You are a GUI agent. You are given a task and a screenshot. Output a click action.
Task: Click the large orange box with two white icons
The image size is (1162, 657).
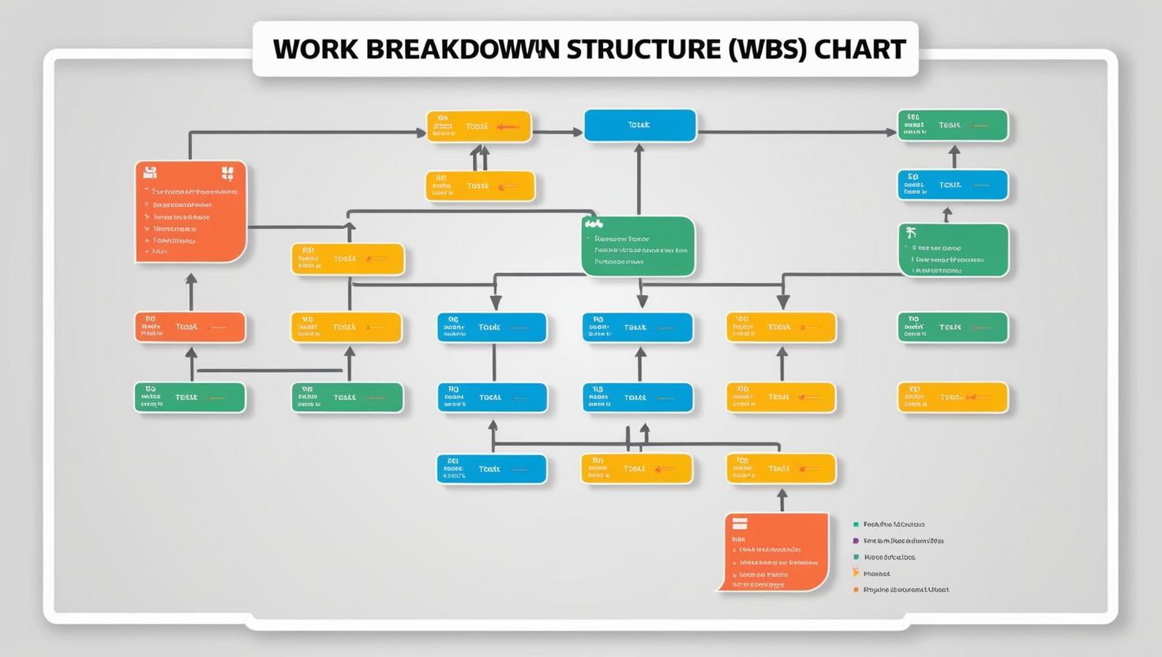coord(190,212)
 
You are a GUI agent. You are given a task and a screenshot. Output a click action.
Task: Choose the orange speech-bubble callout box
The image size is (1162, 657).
coord(777,551)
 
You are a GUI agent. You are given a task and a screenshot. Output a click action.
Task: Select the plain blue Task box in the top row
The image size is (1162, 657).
coord(639,126)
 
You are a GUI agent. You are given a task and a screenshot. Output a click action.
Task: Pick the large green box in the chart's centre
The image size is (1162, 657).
coord(639,246)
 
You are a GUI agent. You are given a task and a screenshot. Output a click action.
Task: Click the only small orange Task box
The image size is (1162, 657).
coord(190,327)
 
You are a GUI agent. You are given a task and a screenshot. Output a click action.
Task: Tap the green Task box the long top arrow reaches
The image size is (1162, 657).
coord(953,126)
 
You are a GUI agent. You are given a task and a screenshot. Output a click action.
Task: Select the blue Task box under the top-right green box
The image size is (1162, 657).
coord(953,186)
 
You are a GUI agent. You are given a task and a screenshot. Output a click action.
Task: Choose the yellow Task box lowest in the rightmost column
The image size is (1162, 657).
coord(953,397)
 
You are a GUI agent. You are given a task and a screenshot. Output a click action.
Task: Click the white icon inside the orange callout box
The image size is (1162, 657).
coord(740,524)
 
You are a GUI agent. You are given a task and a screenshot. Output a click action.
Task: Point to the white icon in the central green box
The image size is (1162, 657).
coord(594,224)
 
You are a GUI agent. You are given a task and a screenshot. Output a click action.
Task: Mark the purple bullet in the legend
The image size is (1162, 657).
coord(856,541)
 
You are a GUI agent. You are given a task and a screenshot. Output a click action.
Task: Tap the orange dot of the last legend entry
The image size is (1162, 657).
coord(856,590)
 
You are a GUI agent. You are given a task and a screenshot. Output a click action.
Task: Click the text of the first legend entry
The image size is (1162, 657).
coord(894,524)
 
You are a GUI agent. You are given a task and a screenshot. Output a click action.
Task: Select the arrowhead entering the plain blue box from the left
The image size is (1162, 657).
coord(577,133)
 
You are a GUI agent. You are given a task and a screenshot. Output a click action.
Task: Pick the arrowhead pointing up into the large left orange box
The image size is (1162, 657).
coord(190,279)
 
